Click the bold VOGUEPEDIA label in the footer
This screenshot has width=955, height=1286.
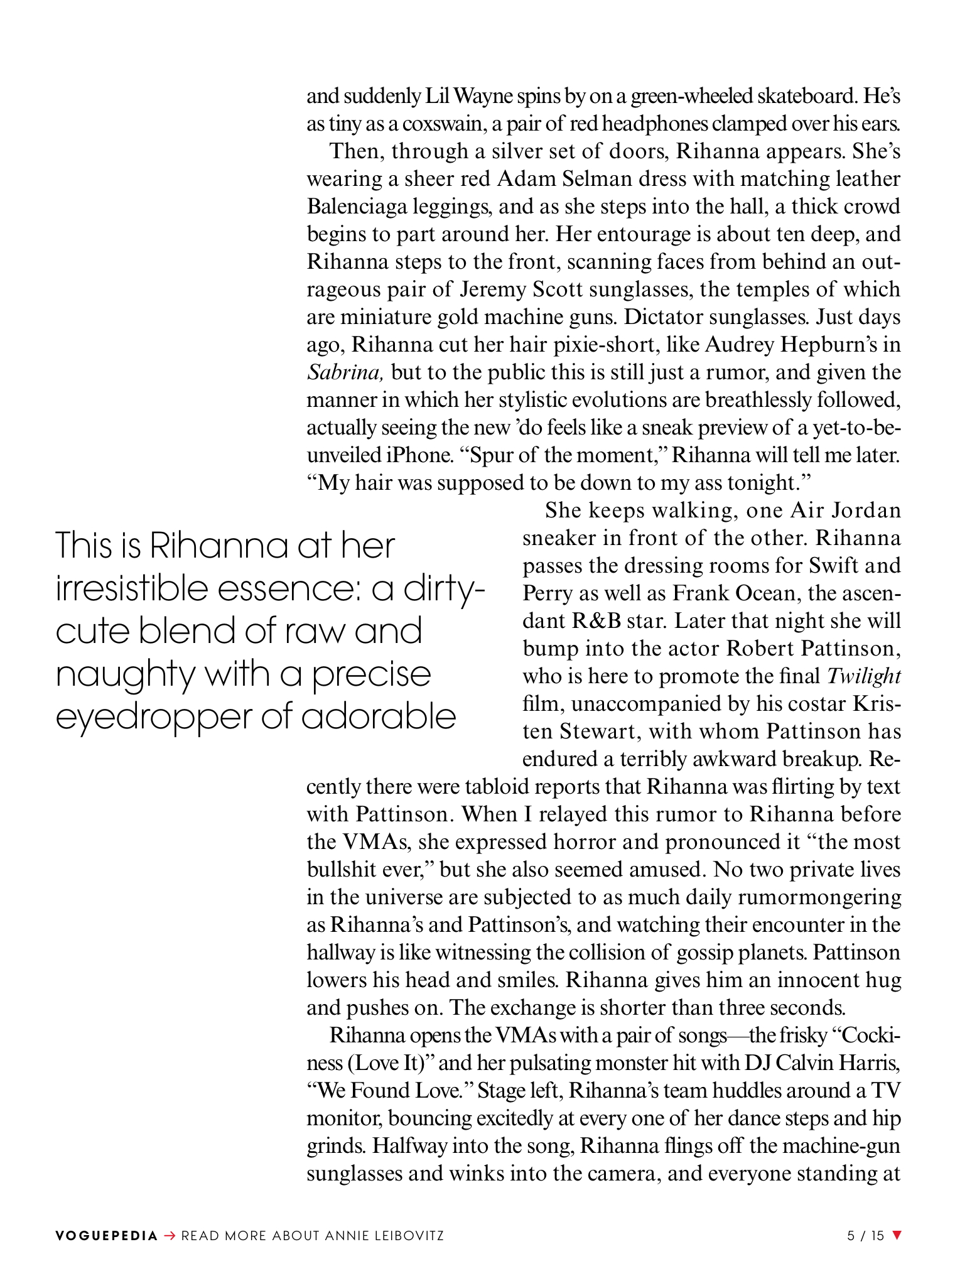[x=106, y=1236]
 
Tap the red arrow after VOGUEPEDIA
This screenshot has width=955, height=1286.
[x=169, y=1236]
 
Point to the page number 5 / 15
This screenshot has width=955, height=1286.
[x=865, y=1236]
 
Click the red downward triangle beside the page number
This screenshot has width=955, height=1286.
[x=897, y=1235]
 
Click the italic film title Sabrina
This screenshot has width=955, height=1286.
[x=345, y=372]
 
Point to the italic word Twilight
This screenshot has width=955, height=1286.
[x=864, y=676]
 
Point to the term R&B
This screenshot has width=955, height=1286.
[x=596, y=621]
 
